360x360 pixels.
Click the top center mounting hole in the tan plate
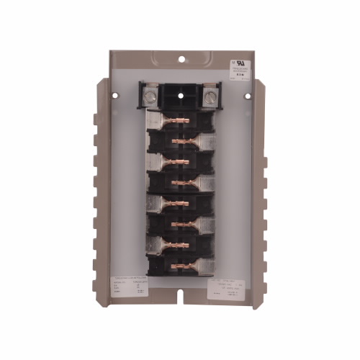pos(181,59)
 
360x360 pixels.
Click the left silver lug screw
pos(153,95)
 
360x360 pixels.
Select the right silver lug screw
pos(210,95)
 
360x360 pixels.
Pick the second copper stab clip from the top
pos(183,138)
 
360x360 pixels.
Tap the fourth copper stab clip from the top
pos(183,177)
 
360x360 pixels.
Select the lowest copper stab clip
pos(183,262)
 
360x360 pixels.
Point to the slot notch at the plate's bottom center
pos(181,294)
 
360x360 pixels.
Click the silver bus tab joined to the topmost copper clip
pos(158,120)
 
